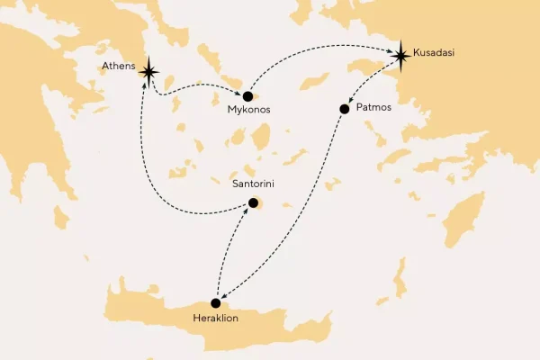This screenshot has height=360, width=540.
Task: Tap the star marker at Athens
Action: (x=148, y=74)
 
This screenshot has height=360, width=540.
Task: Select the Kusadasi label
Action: (x=435, y=53)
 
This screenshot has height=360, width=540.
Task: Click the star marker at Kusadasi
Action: (x=400, y=56)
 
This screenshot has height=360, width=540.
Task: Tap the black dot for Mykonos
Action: (x=247, y=95)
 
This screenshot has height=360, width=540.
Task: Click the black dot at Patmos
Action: (x=344, y=109)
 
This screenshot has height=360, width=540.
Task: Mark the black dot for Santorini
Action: (x=253, y=203)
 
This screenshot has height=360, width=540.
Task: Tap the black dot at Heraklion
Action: (x=215, y=303)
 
